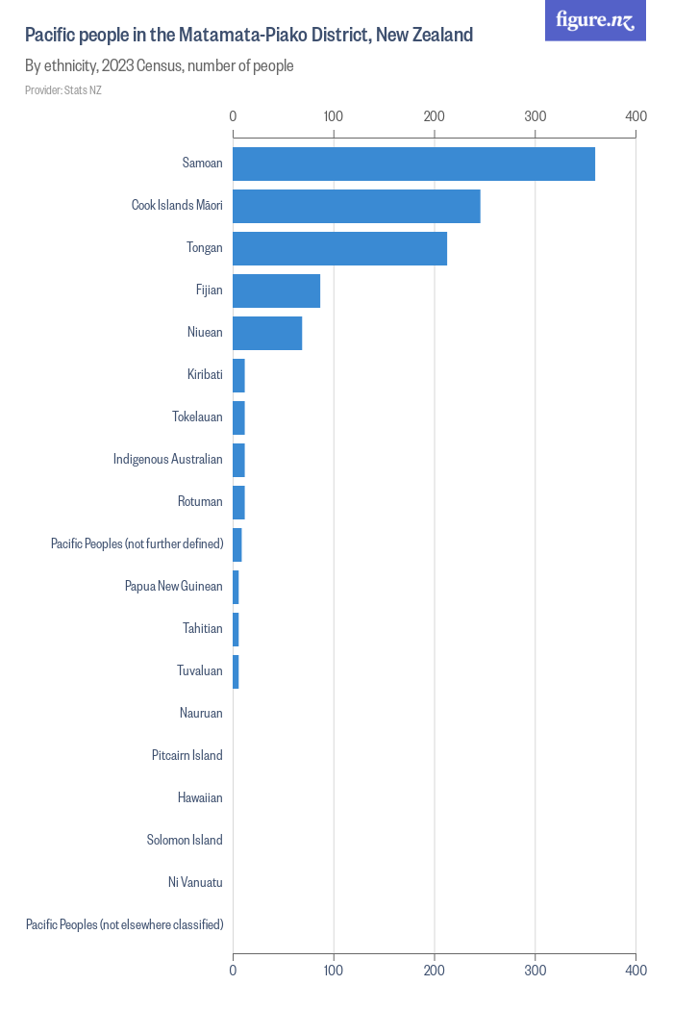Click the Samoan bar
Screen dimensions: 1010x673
[413, 164]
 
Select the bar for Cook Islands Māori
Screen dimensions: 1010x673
[356, 206]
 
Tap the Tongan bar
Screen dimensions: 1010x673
[339, 248]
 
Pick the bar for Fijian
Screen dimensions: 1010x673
[276, 290]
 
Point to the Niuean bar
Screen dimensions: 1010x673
[267, 333]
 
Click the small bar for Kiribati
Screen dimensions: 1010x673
[238, 375]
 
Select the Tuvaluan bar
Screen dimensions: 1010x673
[236, 671]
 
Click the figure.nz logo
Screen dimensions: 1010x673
[595, 20]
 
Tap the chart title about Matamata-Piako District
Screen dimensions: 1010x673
[249, 36]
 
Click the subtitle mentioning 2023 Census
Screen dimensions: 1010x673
[159, 66]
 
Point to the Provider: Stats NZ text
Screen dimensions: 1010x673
[63, 90]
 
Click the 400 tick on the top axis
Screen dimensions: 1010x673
[636, 116]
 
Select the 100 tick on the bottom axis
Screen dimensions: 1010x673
[334, 972]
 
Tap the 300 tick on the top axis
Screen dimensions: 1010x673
[535, 116]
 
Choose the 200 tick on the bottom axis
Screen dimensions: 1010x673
[435, 972]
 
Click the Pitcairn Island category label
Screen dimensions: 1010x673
[187, 755]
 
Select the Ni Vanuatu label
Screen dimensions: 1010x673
[195, 882]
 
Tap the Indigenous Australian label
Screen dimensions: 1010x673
[168, 459]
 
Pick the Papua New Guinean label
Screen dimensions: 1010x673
[174, 586]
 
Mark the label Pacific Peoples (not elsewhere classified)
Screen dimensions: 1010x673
[125, 924]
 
